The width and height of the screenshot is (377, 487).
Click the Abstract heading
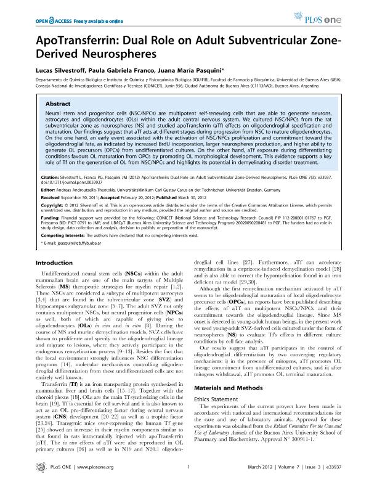(59, 104)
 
